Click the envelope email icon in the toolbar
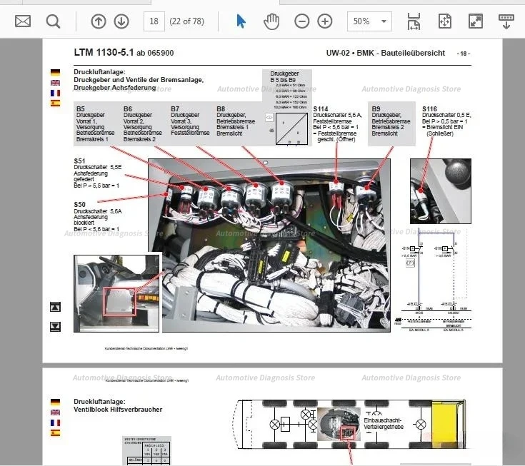[23, 21]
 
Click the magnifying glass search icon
[54, 21]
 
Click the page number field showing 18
[153, 21]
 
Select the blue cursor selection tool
[241, 21]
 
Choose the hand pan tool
[271, 21]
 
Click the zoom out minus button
[302, 21]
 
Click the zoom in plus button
[325, 21]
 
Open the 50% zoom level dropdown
[369, 21]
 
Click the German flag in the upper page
[55, 73]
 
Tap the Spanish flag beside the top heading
[55, 103]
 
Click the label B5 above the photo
[81, 109]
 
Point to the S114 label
[321, 109]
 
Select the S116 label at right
[430, 109]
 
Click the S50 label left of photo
[79, 205]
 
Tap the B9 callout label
[376, 109]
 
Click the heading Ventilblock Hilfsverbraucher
[118, 410]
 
